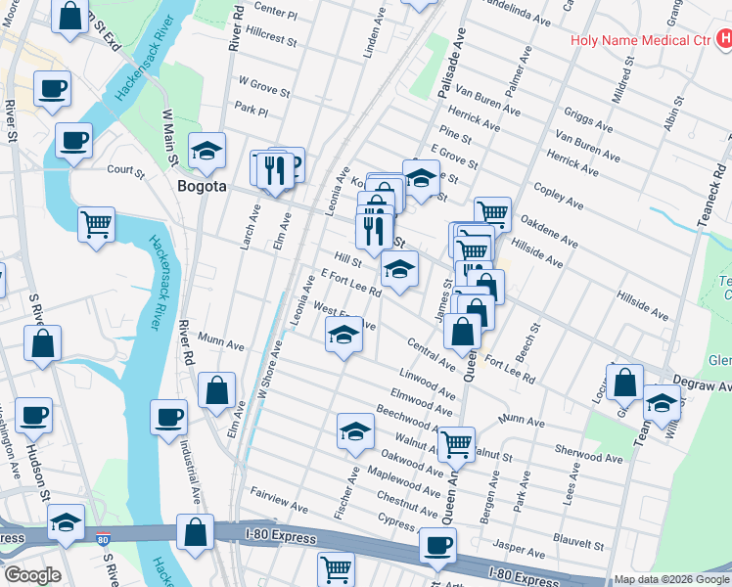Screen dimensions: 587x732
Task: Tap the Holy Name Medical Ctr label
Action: pyautogui.click(x=640, y=41)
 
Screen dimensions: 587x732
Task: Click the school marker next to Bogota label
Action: pyautogui.click(x=207, y=152)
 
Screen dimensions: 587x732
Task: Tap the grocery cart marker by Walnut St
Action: pyautogui.click(x=456, y=444)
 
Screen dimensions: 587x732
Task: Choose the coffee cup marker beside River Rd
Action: pyautogui.click(x=168, y=418)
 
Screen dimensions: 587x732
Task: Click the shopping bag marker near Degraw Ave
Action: pyautogui.click(x=624, y=382)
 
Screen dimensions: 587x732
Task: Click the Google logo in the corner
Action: pyautogui.click(x=31, y=575)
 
